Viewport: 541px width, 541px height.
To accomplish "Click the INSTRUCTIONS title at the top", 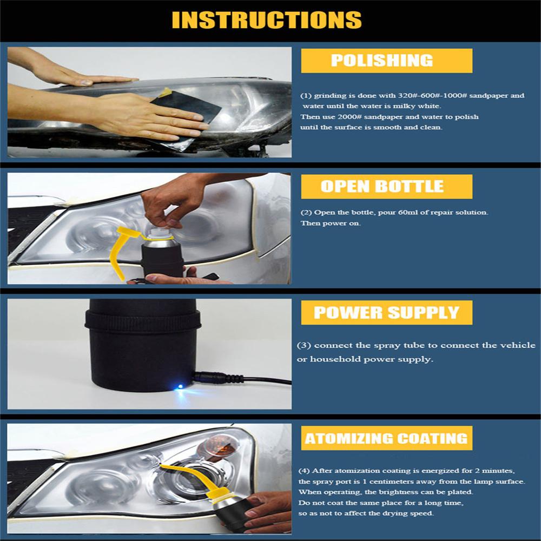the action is click(266, 20).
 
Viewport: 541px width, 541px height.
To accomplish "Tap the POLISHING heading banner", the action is click(386, 61).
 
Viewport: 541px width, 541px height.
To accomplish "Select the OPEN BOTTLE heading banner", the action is click(386, 186).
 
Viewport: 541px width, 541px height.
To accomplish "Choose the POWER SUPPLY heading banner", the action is click(386, 313).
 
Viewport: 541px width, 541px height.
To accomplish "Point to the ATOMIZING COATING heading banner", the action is click(386, 438).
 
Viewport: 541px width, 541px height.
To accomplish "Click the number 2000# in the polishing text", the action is click(349, 117).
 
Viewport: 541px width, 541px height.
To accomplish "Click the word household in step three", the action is click(334, 359).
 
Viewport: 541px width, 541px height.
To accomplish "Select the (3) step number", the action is click(304, 345).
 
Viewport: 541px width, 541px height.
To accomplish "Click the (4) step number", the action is click(304, 471).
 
